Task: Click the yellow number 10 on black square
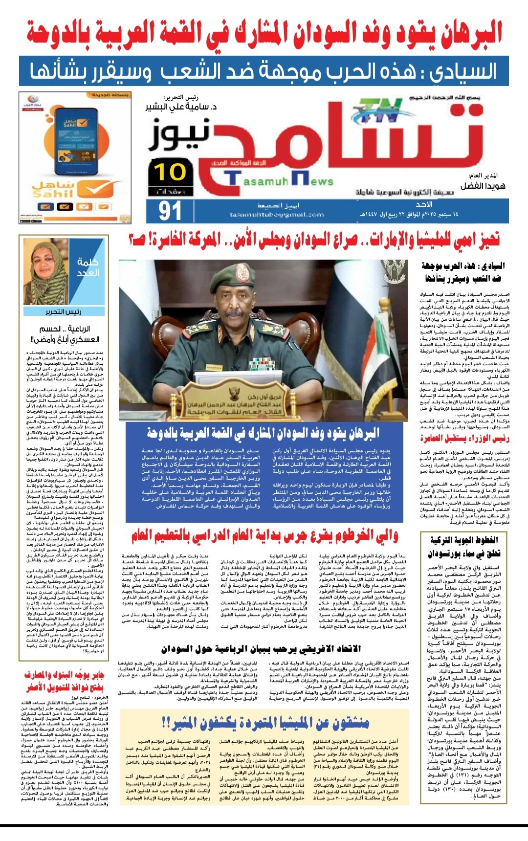[x=170, y=173]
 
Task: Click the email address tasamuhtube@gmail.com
[x=277, y=215]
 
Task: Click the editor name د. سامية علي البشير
[x=180, y=106]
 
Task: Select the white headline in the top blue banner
[x=264, y=71]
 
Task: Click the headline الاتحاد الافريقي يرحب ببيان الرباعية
[x=261, y=649]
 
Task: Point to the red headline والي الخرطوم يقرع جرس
[x=264, y=536]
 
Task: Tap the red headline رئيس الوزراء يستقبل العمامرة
[x=464, y=438]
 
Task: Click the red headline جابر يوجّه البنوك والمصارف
[x=65, y=682]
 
